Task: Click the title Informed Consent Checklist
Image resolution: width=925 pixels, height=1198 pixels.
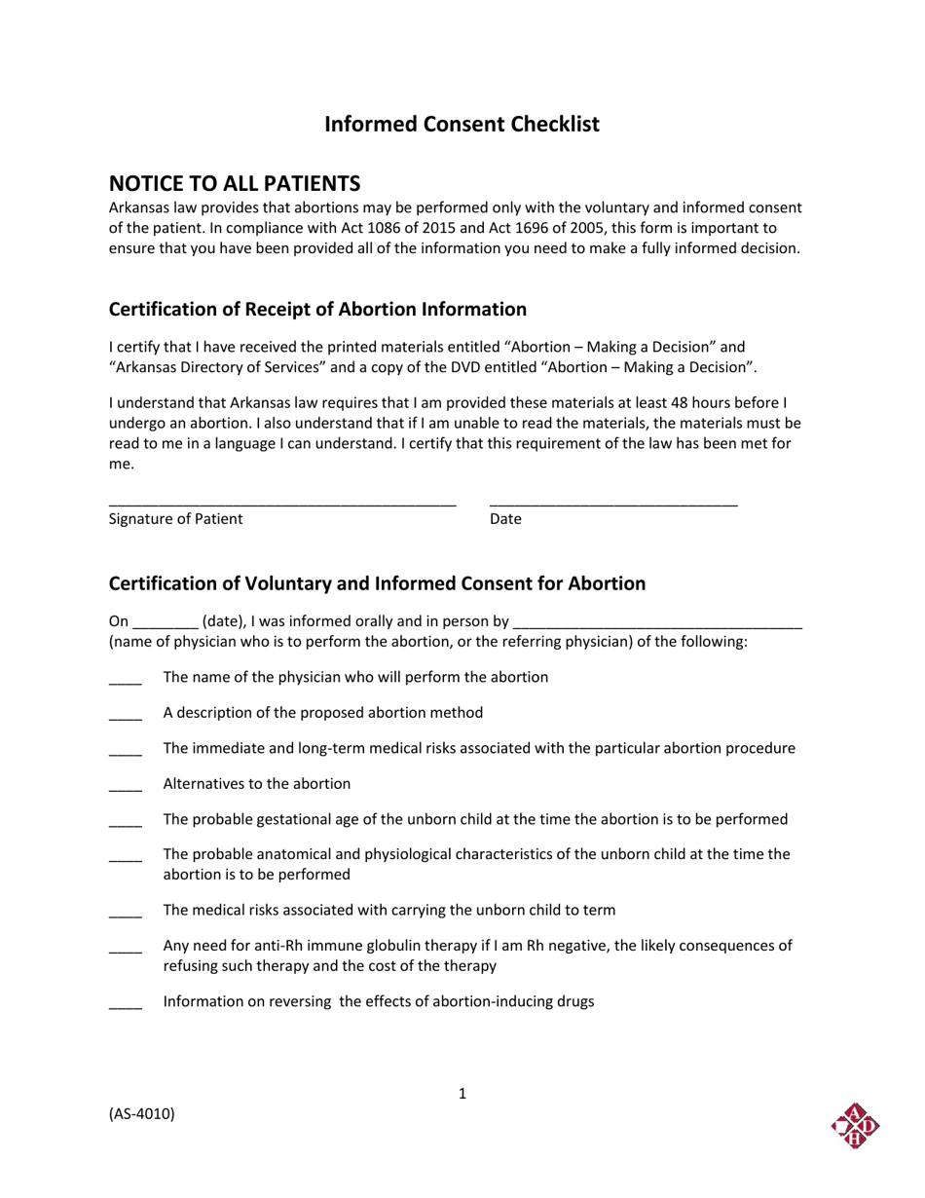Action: pyautogui.click(x=462, y=125)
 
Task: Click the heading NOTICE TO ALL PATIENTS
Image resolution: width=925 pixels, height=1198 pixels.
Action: pyautogui.click(x=234, y=183)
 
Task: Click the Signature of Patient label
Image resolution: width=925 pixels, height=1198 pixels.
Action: pyautogui.click(x=175, y=519)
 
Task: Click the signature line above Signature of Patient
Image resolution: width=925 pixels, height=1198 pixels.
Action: pyautogui.click(x=282, y=504)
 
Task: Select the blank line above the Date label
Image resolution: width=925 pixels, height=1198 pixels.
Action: pyautogui.click(x=613, y=504)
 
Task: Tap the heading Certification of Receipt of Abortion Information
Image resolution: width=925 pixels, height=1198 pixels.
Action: pyautogui.click(x=317, y=310)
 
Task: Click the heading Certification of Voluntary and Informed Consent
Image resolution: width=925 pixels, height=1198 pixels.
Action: pyautogui.click(x=377, y=583)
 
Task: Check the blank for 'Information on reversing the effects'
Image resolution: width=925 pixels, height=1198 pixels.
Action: pyautogui.click(x=126, y=1004)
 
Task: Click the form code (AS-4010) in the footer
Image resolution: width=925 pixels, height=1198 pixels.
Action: pyautogui.click(x=142, y=1114)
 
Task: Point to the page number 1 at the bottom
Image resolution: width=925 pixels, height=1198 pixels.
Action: pyautogui.click(x=462, y=1094)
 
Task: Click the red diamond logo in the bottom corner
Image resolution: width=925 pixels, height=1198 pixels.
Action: pyautogui.click(x=855, y=1126)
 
